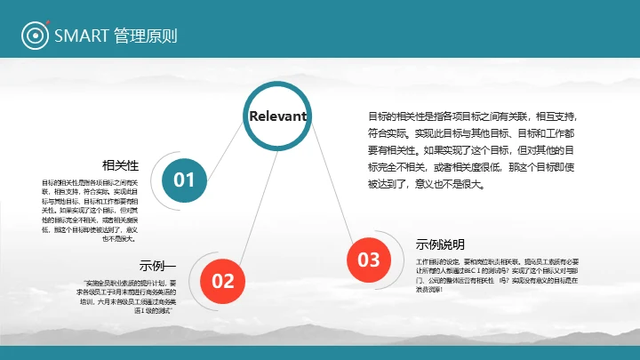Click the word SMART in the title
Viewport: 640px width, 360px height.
81,36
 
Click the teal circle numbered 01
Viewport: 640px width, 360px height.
184,180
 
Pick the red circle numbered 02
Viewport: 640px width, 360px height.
223,281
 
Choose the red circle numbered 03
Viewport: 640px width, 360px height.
368,260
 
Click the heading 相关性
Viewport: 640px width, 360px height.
121,165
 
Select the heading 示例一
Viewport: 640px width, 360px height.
158,265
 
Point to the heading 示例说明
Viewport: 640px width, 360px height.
440,244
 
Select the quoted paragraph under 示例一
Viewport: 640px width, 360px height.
130,296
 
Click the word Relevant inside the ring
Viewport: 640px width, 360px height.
277,116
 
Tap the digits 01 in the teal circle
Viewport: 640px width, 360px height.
184,180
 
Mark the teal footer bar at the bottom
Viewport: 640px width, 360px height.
320,353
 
